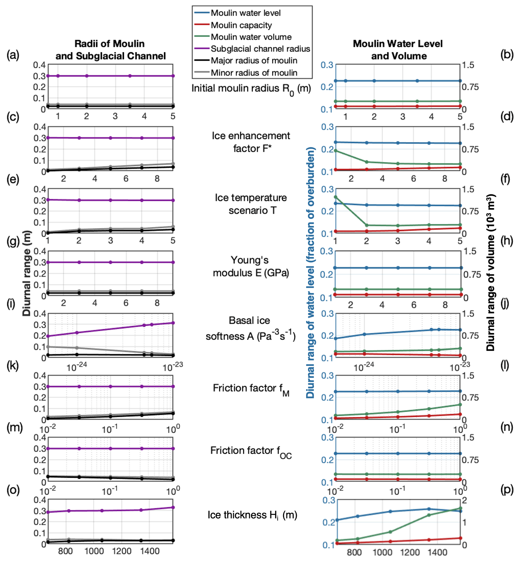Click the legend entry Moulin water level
(245, 13)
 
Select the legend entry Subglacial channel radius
(260, 49)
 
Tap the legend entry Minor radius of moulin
(254, 73)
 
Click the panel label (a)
(13, 55)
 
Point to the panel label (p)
(507, 489)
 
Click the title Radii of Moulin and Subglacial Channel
(110, 50)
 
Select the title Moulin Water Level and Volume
(398, 50)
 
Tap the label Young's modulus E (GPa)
(251, 266)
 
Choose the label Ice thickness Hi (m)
(252, 515)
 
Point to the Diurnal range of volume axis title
(490, 272)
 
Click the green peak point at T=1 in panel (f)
(336, 197)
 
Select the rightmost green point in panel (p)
(460, 508)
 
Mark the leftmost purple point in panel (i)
(48, 336)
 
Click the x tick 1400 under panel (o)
(150, 551)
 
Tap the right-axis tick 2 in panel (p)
(464, 500)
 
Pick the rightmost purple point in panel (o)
(173, 507)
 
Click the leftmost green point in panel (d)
(336, 151)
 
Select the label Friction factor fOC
(251, 452)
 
